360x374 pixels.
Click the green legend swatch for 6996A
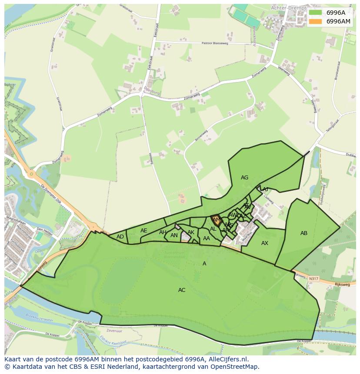(x=316, y=13)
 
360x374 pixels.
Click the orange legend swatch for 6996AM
(x=316, y=21)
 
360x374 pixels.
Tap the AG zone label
(x=244, y=178)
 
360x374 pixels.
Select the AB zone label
(x=304, y=233)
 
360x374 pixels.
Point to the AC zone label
(x=182, y=290)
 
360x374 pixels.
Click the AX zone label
(x=265, y=243)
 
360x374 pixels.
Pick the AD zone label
(x=120, y=237)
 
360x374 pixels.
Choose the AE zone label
(x=144, y=231)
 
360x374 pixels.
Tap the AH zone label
(x=163, y=232)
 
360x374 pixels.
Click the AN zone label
(x=174, y=236)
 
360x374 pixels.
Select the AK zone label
(x=191, y=232)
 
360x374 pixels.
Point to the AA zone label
(x=207, y=238)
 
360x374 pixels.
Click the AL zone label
(x=213, y=229)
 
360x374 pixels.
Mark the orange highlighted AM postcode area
(x=216, y=220)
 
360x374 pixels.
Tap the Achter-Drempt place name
(x=288, y=8)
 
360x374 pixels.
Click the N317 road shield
(x=313, y=278)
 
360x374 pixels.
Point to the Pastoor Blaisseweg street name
(x=216, y=43)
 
